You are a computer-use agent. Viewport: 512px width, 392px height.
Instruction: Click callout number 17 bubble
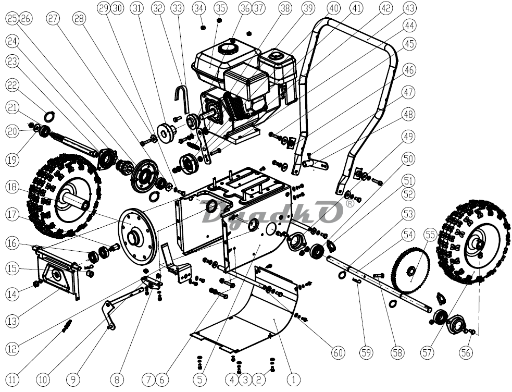[x=13, y=215]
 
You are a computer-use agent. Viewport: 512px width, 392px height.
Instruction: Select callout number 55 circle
[x=431, y=235]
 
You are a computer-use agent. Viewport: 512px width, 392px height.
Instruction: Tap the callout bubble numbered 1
[x=293, y=379]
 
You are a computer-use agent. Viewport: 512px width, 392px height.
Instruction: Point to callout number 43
[x=409, y=8]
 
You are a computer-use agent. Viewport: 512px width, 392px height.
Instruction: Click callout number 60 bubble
[x=338, y=352]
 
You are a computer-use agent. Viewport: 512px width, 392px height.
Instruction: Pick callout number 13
[x=13, y=321]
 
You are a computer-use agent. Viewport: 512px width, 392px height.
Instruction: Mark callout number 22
[x=13, y=85]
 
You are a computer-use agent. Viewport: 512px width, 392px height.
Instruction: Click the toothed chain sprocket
[x=411, y=270]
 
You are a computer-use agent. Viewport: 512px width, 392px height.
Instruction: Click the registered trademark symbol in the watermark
[x=349, y=204]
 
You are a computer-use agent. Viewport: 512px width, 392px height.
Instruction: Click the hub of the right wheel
[x=478, y=243]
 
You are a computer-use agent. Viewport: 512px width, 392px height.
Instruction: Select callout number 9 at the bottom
[x=73, y=379]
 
